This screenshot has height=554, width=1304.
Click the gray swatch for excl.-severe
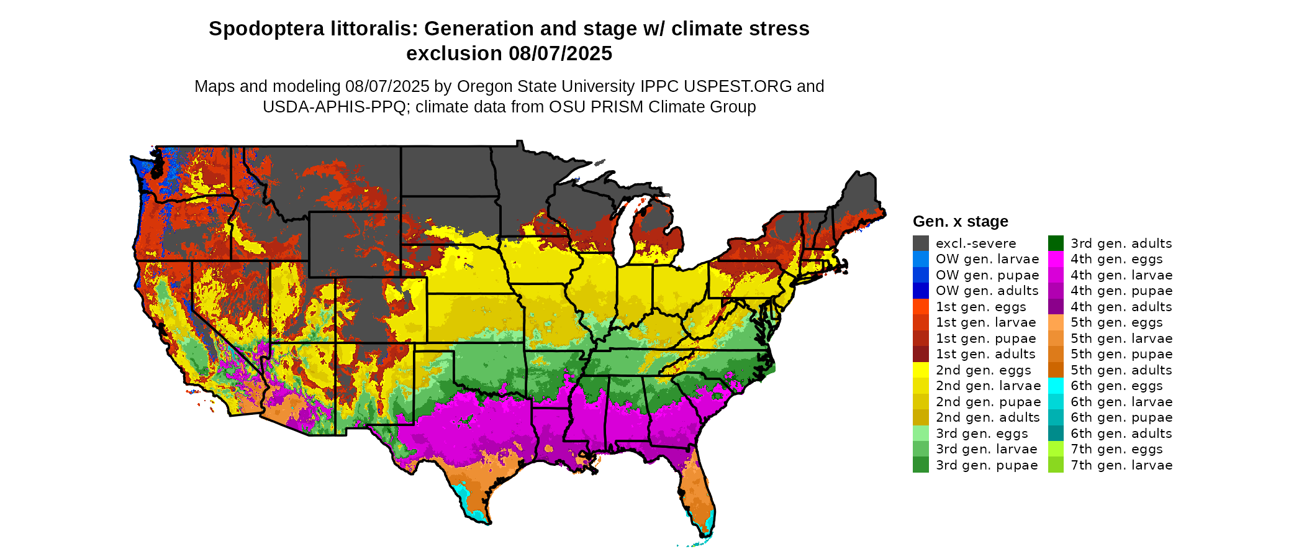pos(920,243)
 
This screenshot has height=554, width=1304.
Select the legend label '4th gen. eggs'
pos(1116,259)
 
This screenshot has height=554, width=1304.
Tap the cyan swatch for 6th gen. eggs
pos(1056,386)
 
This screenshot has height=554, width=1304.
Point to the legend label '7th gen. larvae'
pos(1121,465)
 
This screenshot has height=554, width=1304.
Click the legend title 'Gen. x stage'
pos(960,221)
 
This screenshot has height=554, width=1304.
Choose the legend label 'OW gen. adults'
pos(987,291)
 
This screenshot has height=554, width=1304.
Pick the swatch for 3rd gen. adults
pos(1056,243)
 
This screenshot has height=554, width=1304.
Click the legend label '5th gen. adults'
pos(1121,370)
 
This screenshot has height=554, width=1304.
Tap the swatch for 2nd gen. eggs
pos(920,370)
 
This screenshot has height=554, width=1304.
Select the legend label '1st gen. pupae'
pos(985,338)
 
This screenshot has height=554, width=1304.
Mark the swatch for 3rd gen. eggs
pos(920,434)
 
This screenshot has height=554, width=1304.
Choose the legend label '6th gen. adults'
pos(1121,434)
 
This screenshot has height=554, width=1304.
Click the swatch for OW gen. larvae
pos(920,259)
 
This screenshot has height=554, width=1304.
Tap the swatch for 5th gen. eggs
pos(1056,322)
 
